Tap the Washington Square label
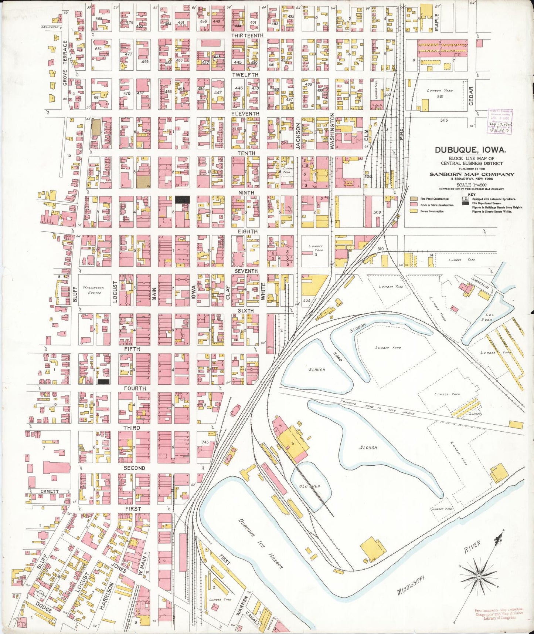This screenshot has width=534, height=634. tap(93, 290)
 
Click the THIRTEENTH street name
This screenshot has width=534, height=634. tap(247, 36)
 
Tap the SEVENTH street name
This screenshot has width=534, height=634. tap(246, 271)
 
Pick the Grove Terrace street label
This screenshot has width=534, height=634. tap(65, 63)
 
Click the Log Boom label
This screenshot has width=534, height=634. tap(489, 317)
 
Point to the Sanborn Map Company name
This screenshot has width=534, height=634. tap(472, 174)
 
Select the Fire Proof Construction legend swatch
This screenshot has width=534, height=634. tap(414, 199)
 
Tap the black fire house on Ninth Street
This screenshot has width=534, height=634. tap(182, 200)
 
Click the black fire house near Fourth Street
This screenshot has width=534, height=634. tap(103, 381)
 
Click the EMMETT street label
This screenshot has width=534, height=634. tap(50, 491)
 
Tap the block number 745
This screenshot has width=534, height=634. tap(205, 442)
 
